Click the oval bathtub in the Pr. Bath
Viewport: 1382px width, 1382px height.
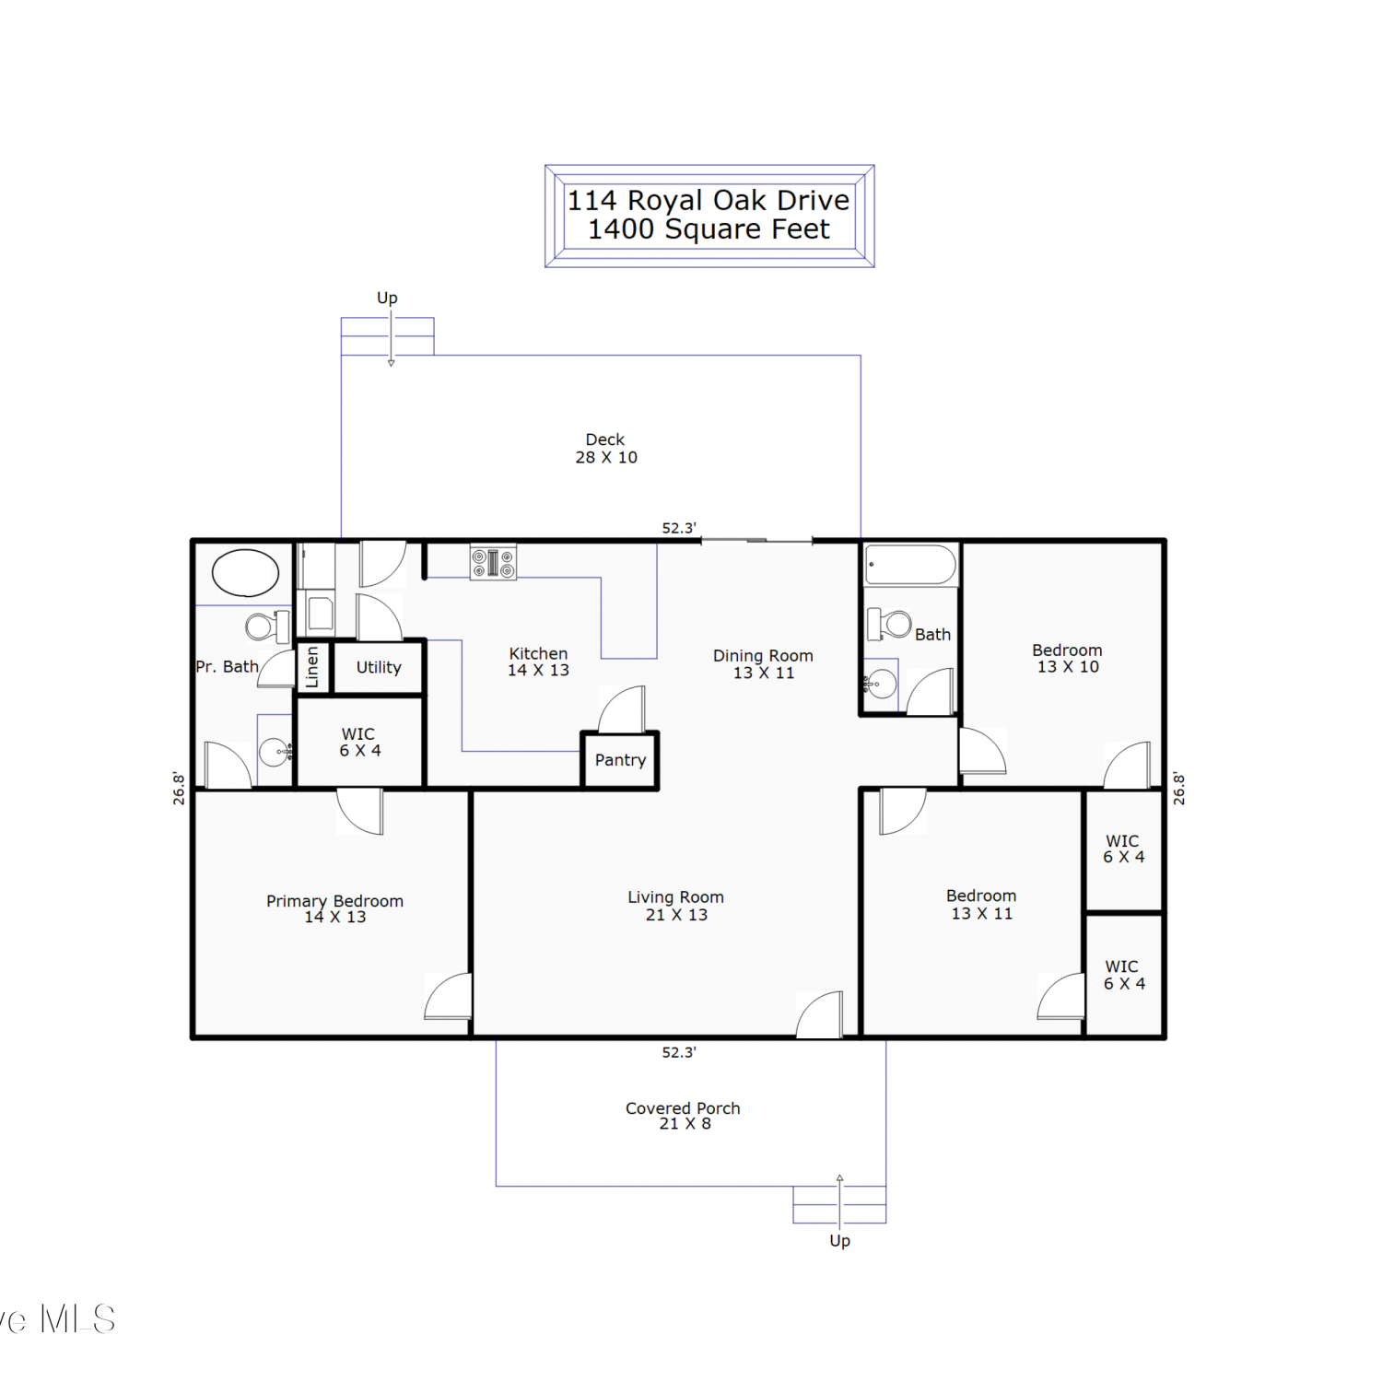point(245,572)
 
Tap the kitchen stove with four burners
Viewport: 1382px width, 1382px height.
point(494,562)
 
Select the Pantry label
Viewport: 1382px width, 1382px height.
point(620,760)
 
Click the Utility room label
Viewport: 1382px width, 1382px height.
point(379,667)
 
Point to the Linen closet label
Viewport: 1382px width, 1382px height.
point(312,667)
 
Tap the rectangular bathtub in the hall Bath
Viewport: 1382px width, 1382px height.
point(911,565)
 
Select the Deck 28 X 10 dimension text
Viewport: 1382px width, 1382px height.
point(606,457)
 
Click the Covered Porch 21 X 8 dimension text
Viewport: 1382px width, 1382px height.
point(685,1124)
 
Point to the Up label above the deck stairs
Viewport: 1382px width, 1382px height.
point(387,299)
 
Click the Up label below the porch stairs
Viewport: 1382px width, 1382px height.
point(839,1241)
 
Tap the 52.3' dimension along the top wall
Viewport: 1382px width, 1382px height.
point(679,528)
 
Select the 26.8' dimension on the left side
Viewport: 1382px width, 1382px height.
point(179,789)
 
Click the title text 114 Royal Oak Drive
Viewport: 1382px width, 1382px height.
point(709,200)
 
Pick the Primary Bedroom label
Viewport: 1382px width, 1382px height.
point(334,901)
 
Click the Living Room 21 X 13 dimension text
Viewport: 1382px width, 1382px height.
point(676,915)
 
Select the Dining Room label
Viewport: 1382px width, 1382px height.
point(763,656)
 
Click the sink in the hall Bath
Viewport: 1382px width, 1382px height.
point(880,683)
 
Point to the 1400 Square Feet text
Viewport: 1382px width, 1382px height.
point(709,229)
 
